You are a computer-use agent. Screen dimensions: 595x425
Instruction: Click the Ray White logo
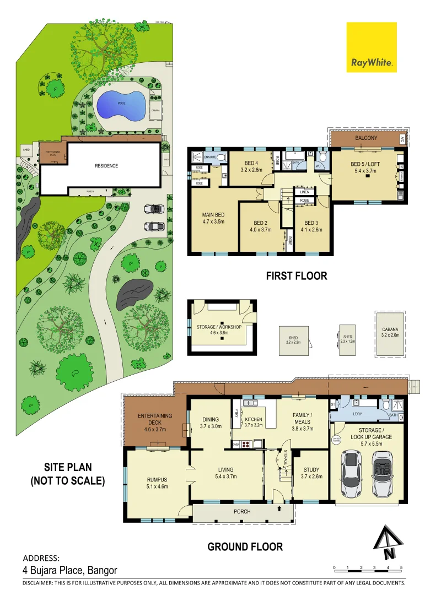[372, 47]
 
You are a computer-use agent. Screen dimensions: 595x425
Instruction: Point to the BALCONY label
[366, 138]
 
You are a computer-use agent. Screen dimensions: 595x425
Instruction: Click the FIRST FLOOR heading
[296, 275]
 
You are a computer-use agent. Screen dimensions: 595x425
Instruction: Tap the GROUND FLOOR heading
[245, 547]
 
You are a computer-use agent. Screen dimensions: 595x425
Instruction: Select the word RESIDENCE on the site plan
[106, 166]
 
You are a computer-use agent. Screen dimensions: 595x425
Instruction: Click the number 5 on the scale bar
[401, 567]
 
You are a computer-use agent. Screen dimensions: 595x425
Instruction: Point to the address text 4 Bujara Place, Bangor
[70, 570]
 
